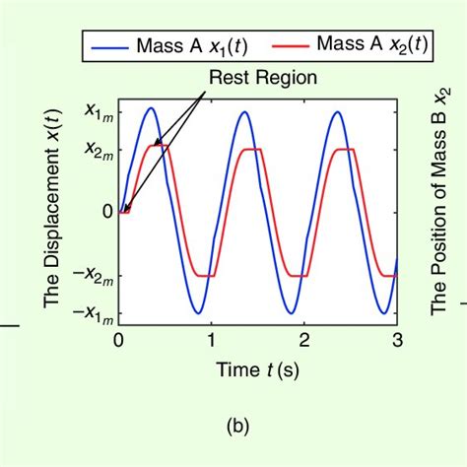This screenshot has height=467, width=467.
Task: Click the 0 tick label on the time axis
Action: click(x=119, y=340)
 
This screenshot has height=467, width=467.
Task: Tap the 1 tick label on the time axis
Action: click(x=212, y=340)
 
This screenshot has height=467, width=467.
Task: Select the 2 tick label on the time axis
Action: click(x=304, y=340)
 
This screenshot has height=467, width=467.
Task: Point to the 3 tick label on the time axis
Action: click(x=396, y=340)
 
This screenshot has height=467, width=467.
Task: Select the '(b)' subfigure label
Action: click(x=237, y=426)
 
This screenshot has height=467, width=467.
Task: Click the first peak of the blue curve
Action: click(x=151, y=108)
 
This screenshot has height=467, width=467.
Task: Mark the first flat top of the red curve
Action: click(x=159, y=148)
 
